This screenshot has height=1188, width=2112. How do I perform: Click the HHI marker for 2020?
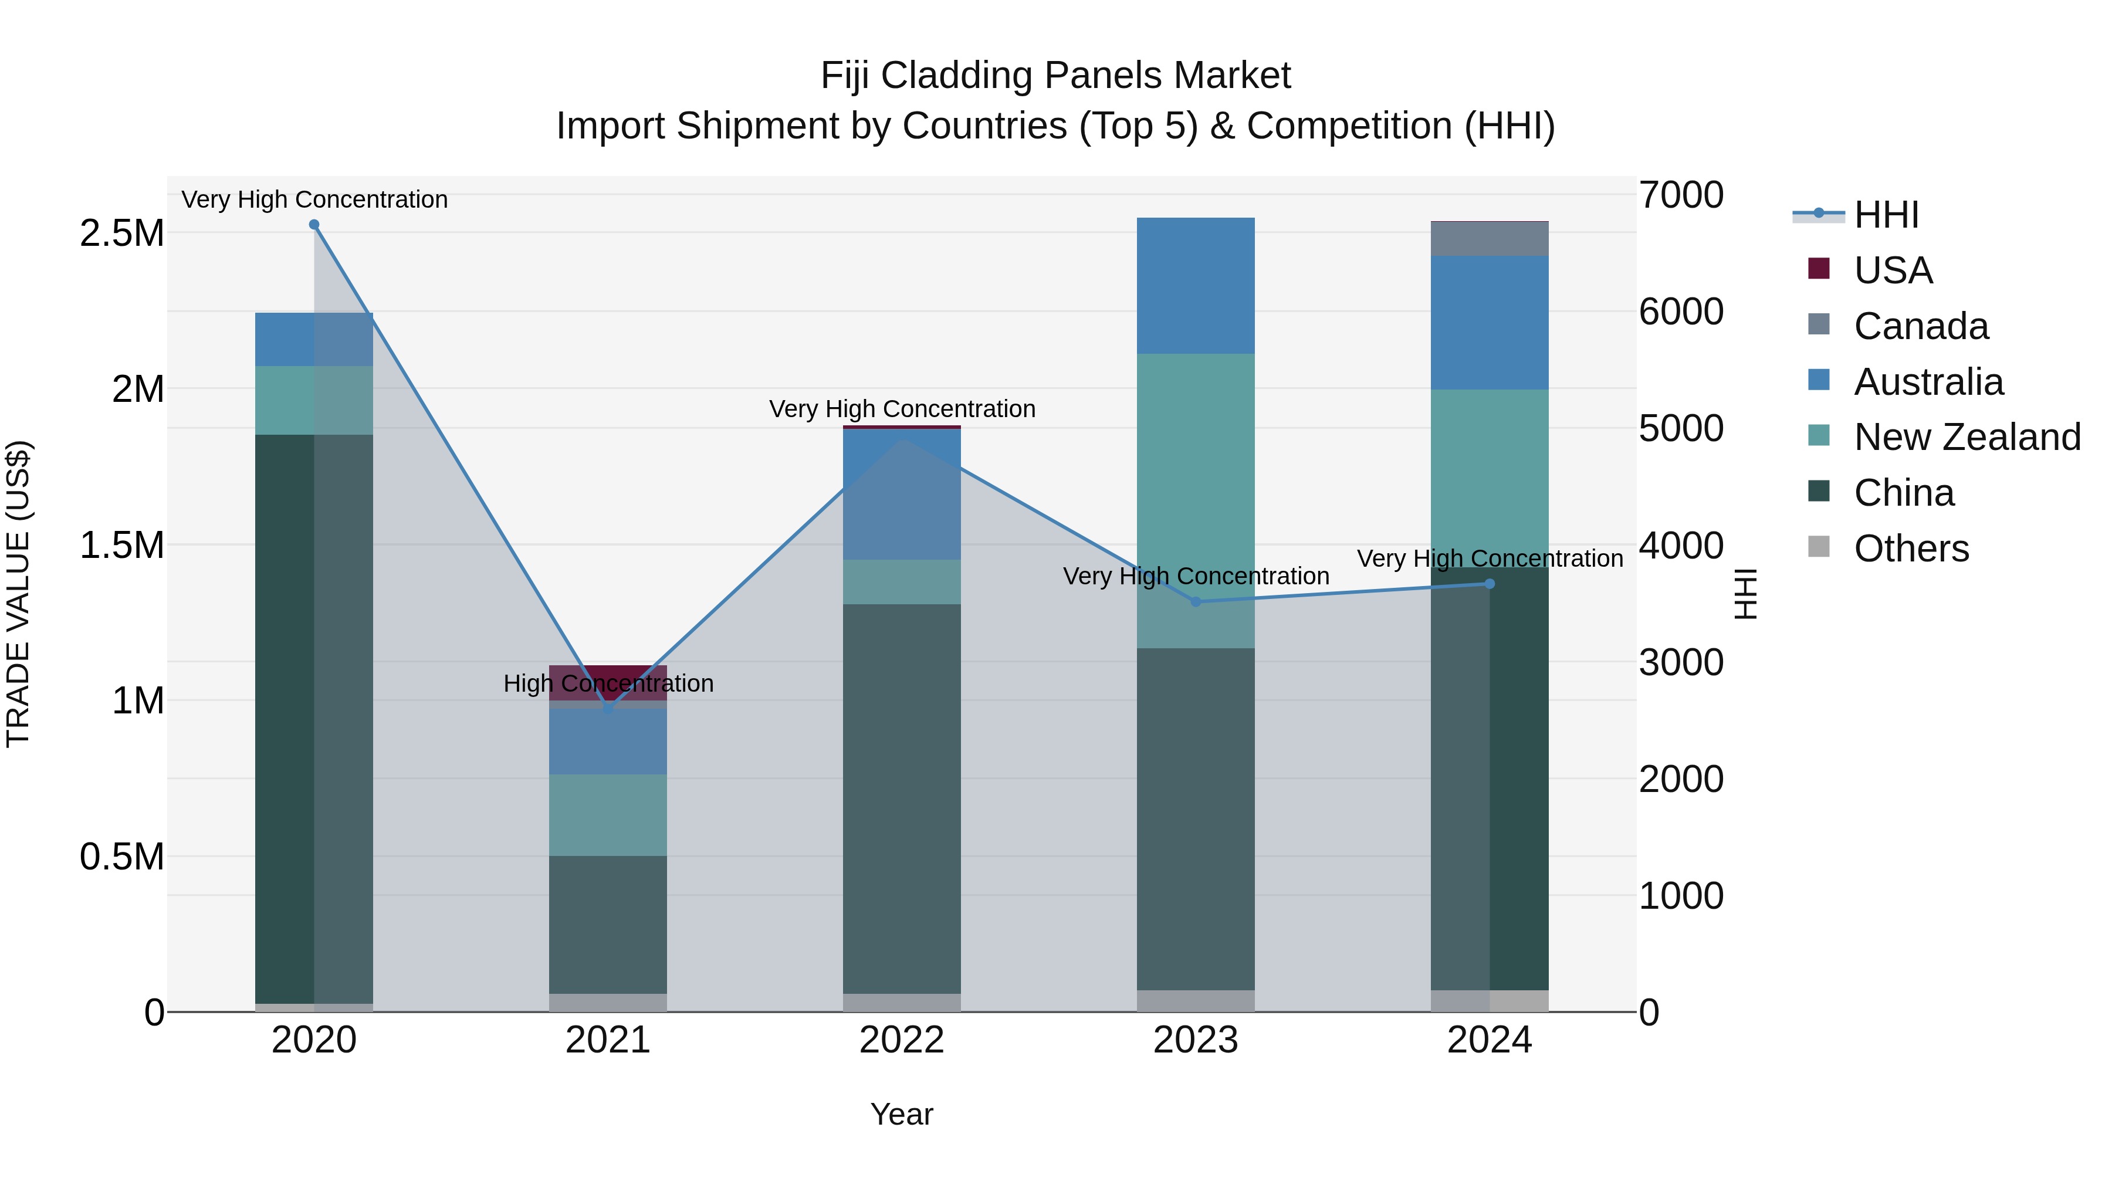(314, 225)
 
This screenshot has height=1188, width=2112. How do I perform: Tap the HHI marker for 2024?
(1490, 584)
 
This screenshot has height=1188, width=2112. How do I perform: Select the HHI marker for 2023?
(1196, 602)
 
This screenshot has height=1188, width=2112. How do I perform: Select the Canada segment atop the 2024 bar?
(1490, 239)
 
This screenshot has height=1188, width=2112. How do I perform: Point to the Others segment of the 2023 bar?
(1196, 1001)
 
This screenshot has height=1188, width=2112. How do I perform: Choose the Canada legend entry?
(1921, 326)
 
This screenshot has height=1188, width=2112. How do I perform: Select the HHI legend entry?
(1886, 215)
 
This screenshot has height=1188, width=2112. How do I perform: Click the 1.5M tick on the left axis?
(121, 545)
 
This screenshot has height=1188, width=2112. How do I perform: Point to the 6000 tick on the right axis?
(1681, 312)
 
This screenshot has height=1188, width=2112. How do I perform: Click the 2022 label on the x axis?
(902, 1040)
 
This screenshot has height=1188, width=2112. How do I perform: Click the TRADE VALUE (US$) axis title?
(18, 594)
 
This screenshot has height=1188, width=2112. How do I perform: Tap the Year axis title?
(902, 1114)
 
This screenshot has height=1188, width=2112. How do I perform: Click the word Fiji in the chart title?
(844, 76)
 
